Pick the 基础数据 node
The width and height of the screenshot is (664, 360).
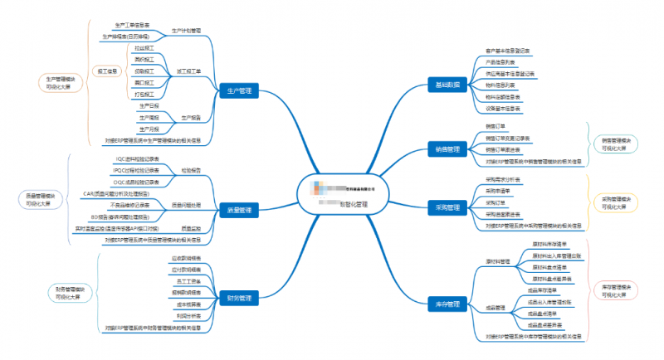tap(447, 85)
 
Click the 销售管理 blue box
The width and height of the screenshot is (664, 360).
tap(447, 149)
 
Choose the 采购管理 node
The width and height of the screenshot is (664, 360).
tap(447, 207)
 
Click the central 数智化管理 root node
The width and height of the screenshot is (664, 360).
tap(342, 197)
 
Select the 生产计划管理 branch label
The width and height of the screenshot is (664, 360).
tap(186, 31)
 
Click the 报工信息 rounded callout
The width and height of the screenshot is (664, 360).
tap(104, 71)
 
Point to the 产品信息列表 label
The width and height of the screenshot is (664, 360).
tap(500, 62)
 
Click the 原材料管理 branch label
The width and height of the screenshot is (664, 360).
tap(498, 260)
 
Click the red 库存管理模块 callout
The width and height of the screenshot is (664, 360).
tap(618, 290)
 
